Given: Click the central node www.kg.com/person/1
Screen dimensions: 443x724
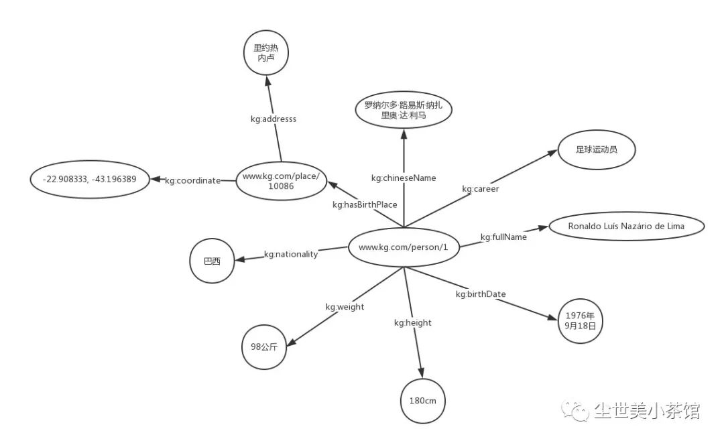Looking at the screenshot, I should coord(403,247).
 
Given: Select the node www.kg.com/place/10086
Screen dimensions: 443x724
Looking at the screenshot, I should coord(280,180).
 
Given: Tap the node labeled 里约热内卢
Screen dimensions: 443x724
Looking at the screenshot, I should coord(265,53).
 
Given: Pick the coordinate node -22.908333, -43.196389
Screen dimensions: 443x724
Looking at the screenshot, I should coord(90,180).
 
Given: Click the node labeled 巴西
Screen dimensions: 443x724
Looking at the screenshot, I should coord(212,261).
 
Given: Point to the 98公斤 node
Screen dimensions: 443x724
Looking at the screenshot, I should coord(264,346).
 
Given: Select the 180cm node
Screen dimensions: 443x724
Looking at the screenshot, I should coord(423,401).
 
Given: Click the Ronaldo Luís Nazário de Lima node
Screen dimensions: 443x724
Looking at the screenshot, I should coord(626,226).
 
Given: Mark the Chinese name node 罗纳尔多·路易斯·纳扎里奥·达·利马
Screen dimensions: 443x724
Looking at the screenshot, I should coord(403,110).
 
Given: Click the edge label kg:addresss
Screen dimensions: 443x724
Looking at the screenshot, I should coord(274,119).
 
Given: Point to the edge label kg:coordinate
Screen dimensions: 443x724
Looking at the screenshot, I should coord(193,180).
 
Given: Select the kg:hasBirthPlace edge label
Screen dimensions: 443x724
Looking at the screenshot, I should coord(365,204).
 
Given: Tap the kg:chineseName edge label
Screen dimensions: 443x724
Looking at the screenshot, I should coord(404,178).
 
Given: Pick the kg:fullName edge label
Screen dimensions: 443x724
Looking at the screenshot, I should coord(503,237).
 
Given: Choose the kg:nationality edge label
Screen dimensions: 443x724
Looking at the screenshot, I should coord(290,254).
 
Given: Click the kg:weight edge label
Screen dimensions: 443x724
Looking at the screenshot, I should coord(345,306).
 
